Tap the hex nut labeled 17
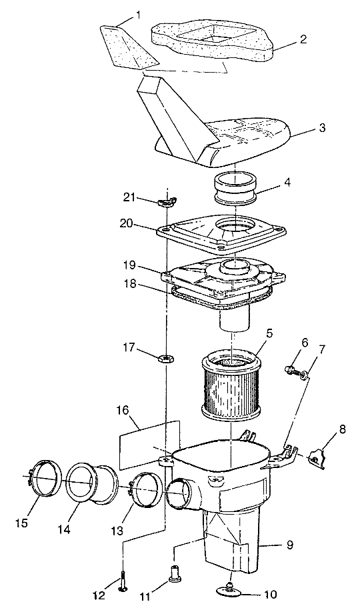pyautogui.click(x=167, y=357)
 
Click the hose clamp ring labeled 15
pyautogui.click(x=46, y=479)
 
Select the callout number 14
pyautogui.click(x=65, y=529)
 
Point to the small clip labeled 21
pyautogui.click(x=167, y=203)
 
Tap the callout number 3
pyautogui.click(x=322, y=129)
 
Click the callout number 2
pyautogui.click(x=303, y=39)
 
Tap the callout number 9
pyautogui.click(x=289, y=545)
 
